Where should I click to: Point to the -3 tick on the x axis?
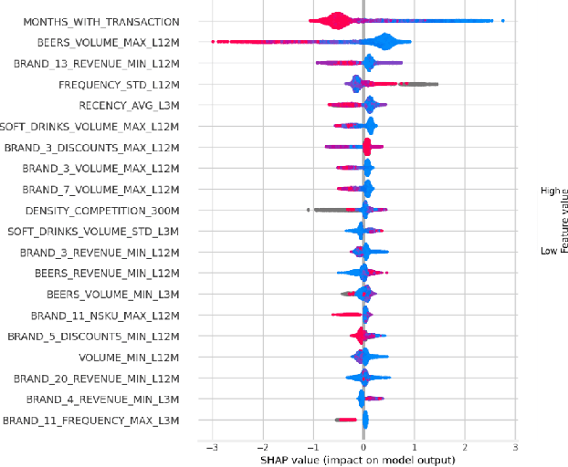coord(211,448)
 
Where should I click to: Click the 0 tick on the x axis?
coord(363,448)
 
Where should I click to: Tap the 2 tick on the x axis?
coord(465,448)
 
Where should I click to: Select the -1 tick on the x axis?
coord(312,448)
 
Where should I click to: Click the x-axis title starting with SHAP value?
coord(363,461)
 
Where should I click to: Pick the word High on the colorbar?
coord(549,191)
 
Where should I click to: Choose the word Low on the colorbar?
coord(549,250)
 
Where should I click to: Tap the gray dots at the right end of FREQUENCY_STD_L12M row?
coord(422,84)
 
